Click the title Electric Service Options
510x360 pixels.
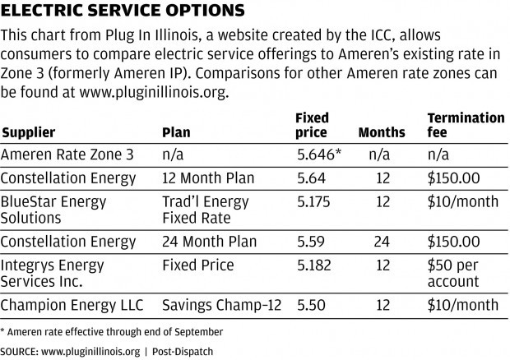123,12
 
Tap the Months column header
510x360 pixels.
382,132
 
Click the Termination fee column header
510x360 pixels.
466,125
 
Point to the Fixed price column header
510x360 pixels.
311,125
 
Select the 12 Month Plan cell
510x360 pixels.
210,177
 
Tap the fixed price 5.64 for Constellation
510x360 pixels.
310,177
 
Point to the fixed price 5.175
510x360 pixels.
313,199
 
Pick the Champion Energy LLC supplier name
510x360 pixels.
72,304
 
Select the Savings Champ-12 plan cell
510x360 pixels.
222,304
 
